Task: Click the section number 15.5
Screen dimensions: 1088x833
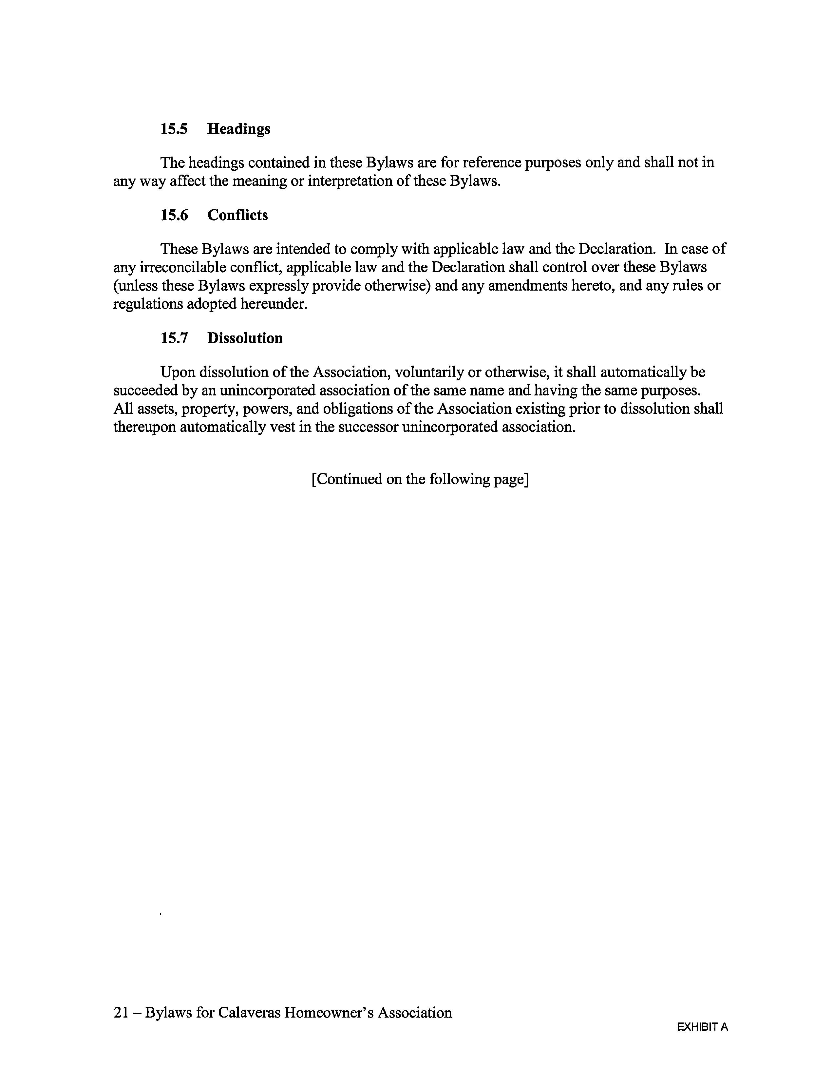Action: (x=174, y=129)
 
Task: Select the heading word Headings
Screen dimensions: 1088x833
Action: (x=238, y=129)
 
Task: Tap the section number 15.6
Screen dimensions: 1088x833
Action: (x=174, y=215)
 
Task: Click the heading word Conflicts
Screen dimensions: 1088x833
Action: (x=237, y=215)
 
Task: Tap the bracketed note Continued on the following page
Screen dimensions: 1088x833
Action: (x=420, y=480)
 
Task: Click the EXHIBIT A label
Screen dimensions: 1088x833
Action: (x=702, y=1027)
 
